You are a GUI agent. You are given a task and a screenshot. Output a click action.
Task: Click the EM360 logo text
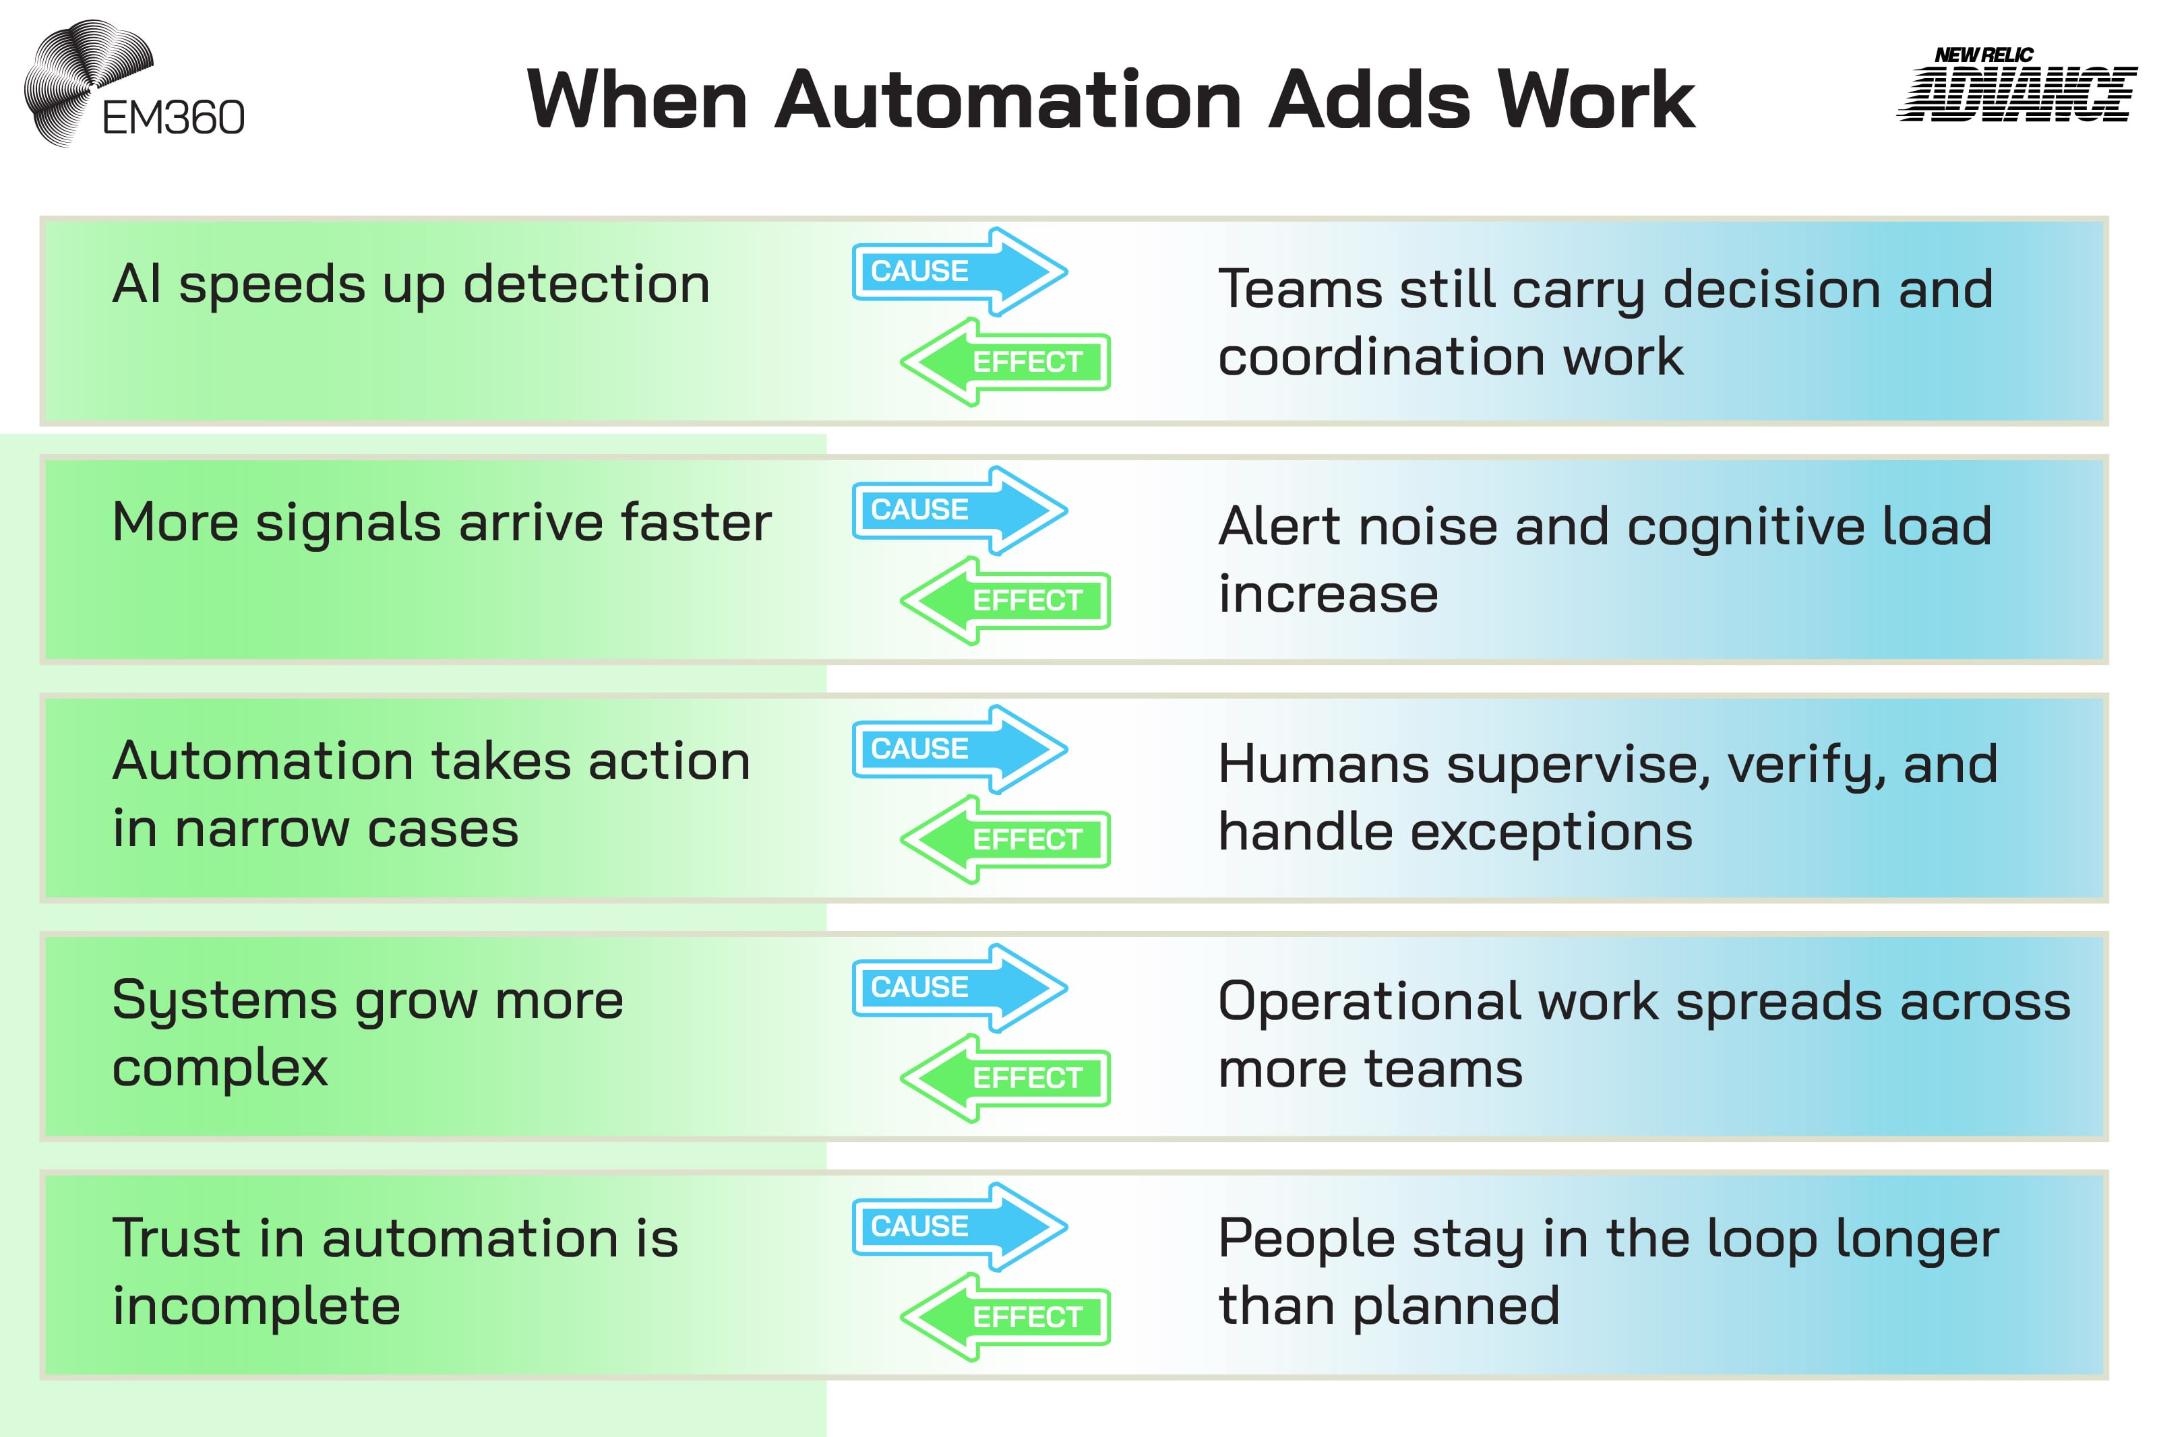173,117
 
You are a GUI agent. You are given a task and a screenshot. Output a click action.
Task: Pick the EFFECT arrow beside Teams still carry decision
1006,362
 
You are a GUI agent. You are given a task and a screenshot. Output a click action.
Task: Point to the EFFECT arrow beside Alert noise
1006,600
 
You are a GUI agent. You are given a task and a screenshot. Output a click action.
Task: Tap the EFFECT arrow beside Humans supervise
1006,839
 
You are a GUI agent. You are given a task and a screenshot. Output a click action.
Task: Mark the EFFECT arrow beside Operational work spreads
1006,1078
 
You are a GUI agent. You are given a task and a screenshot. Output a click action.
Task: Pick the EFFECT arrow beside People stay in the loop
1006,1317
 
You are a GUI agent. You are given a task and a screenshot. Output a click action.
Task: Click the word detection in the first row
586,284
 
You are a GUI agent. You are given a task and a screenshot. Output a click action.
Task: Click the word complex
220,1068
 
